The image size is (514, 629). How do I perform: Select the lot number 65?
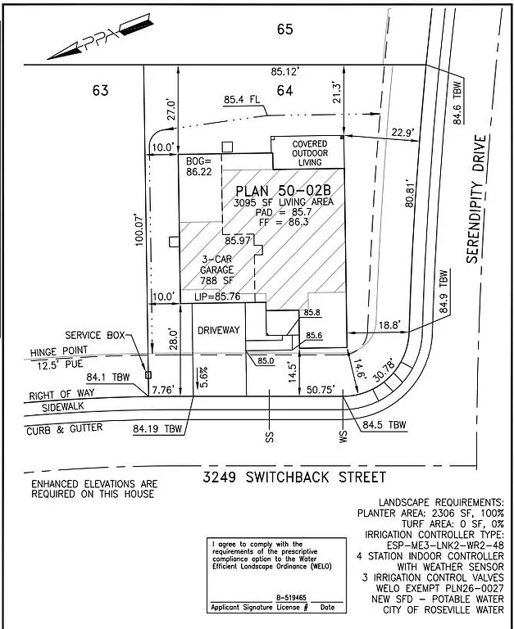click(x=285, y=30)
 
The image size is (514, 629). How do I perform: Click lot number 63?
click(x=101, y=90)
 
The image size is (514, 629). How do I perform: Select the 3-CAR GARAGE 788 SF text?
click(x=218, y=269)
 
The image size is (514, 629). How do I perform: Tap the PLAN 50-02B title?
click(x=283, y=191)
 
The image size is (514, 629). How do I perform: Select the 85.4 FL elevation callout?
click(x=243, y=101)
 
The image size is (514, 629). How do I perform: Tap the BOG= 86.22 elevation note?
click(x=199, y=166)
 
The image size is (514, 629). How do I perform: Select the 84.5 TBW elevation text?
click(x=385, y=425)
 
